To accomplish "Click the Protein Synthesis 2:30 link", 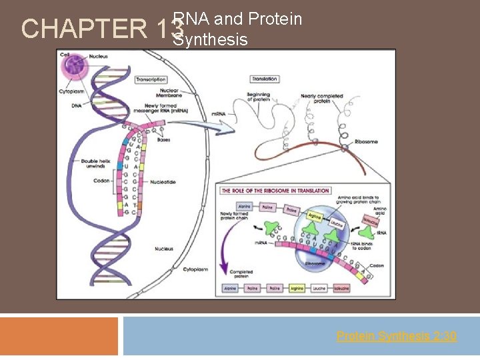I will [396, 336].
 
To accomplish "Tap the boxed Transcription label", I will [151, 79].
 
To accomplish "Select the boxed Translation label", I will [264, 79].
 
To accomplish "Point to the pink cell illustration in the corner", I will [73, 67].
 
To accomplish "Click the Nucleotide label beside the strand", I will [163, 181].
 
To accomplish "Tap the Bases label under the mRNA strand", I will [163, 140].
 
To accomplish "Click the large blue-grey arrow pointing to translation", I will [214, 125].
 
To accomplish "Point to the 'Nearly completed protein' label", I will [321, 99].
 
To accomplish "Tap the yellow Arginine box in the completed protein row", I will [297, 288].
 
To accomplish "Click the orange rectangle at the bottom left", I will [59, 336].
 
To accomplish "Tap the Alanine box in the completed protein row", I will [230, 288].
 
